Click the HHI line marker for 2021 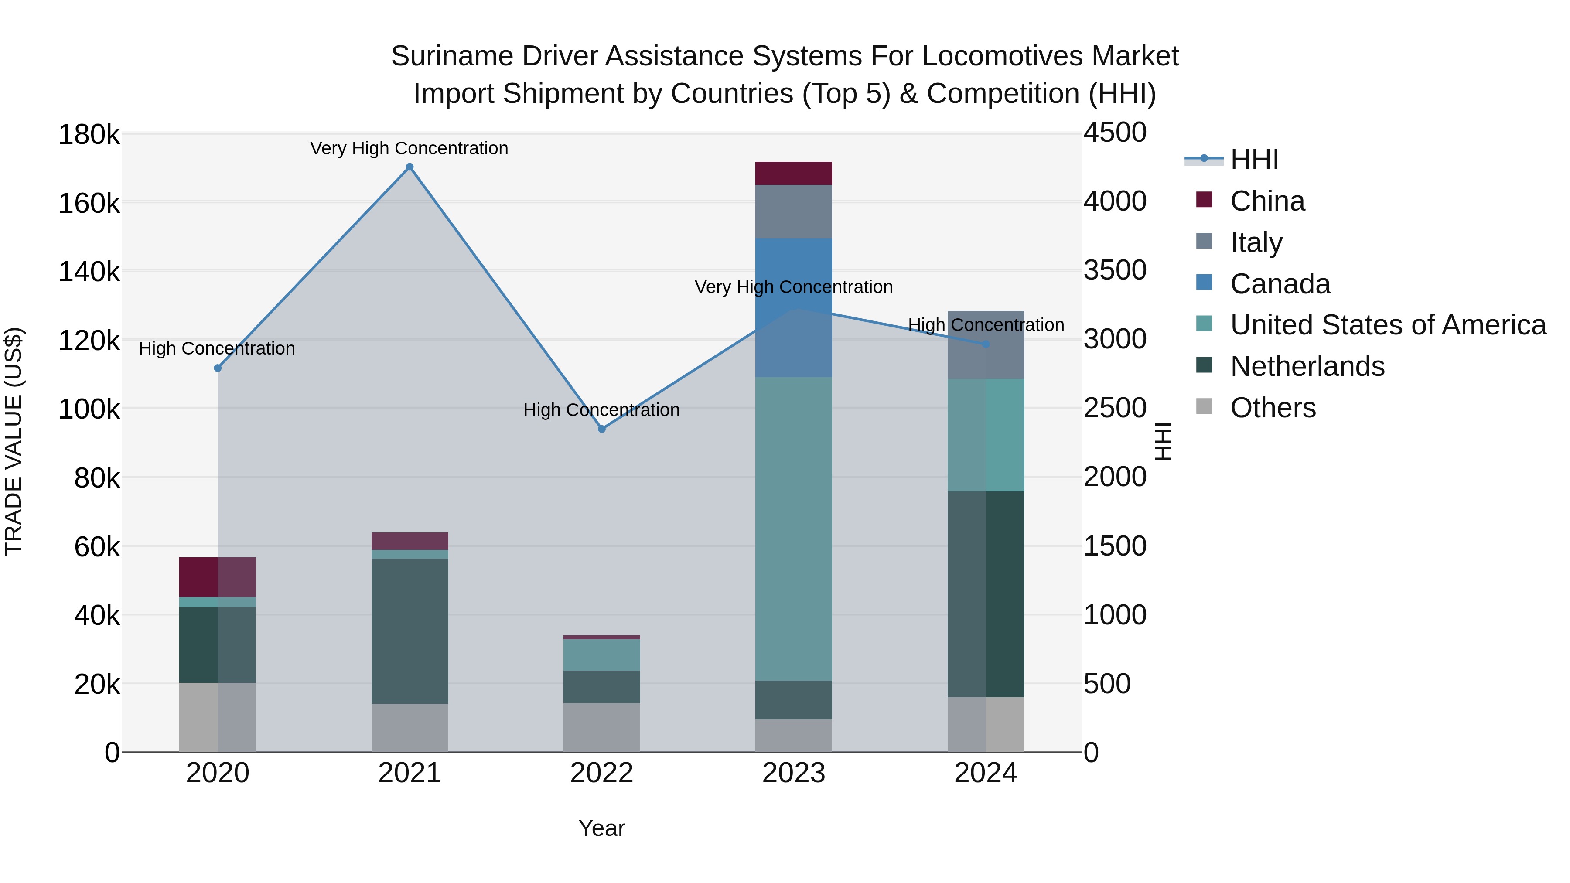410,167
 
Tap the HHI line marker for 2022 601,429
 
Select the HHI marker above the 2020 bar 218,368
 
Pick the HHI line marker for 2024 986,344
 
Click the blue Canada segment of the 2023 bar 794,308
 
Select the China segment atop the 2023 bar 794,173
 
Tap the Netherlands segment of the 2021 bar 410,631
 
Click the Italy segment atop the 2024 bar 986,345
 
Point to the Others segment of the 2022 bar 601,728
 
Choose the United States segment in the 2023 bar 794,528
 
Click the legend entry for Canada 1280,284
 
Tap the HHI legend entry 1254,160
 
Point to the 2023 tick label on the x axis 794,773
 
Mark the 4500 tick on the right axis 1115,133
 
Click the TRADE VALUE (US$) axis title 14,441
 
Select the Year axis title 601,828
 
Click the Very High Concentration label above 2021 409,148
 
